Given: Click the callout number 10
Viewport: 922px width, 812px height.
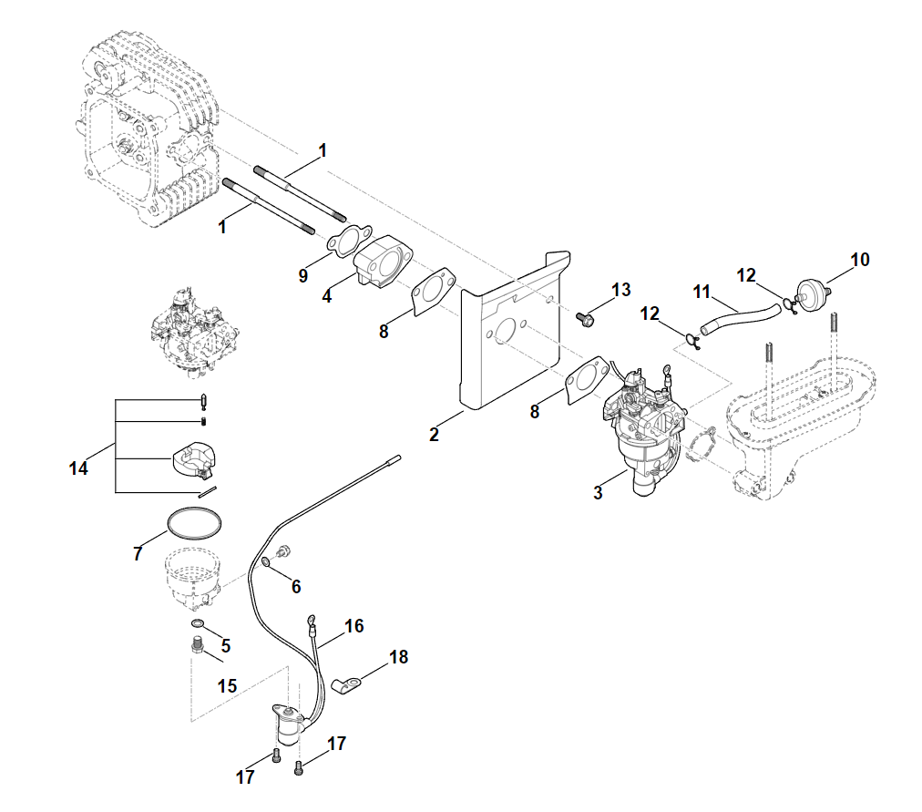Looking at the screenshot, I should tap(860, 260).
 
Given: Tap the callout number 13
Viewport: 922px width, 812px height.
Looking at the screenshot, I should tap(620, 290).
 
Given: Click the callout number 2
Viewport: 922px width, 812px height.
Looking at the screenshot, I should tap(434, 435).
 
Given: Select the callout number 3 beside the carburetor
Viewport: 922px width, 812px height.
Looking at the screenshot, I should tap(598, 493).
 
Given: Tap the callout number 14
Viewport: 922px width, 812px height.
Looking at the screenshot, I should tap(78, 468).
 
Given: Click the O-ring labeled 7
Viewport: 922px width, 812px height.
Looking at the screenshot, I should tap(194, 522).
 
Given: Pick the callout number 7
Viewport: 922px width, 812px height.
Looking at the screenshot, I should tap(138, 553).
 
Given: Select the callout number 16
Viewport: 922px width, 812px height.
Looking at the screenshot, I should tap(353, 626).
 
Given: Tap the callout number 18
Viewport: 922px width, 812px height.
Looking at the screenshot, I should tap(398, 656).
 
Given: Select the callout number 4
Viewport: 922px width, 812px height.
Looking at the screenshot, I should tap(326, 297).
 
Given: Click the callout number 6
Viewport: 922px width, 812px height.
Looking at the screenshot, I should tap(295, 587).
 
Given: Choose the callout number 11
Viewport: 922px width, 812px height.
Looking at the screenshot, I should tap(701, 293).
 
